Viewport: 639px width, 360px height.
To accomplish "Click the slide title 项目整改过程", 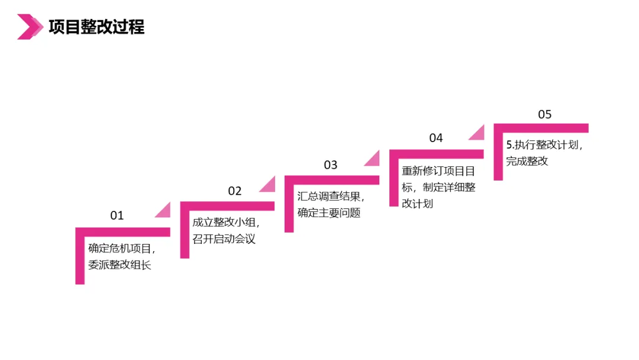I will click(96, 27).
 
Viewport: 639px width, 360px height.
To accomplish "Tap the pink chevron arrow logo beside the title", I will click(30, 27).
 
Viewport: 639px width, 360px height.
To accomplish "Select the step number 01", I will click(117, 216).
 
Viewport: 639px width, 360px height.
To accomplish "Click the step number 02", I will click(235, 191).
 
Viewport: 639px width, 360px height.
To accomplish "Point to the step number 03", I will click(330, 165).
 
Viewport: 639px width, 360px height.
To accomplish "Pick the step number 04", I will click(436, 138).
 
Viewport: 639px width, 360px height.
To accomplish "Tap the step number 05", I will click(545, 114).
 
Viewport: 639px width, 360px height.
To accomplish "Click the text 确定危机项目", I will click(120, 249).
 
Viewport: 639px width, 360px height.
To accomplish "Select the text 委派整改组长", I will click(120, 265).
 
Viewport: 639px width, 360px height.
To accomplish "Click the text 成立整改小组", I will click(224, 223).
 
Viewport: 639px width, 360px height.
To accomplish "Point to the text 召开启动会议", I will click(224, 239).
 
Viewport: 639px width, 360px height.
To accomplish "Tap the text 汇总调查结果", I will click(329, 197).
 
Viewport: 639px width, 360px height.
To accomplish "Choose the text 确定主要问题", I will click(329, 213).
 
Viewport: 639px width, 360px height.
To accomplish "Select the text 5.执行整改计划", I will click(543, 145).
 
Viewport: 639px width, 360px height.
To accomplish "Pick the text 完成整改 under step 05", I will click(527, 161).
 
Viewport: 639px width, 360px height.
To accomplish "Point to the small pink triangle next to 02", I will click(269, 185).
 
